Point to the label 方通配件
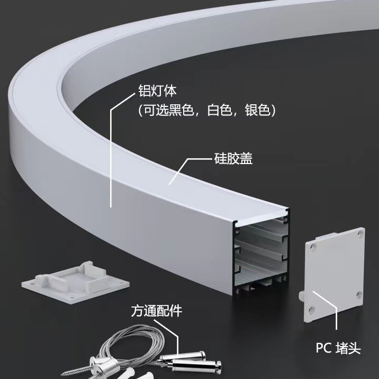pyautogui.click(x=156, y=311)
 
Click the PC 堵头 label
pyautogui.click(x=338, y=348)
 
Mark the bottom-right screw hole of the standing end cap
pyautogui.click(x=358, y=294)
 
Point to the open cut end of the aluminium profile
pyautogui.click(x=260, y=249)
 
